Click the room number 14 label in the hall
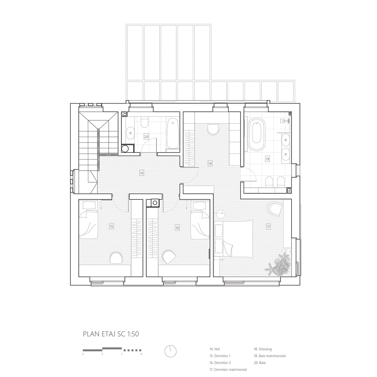point(142,172)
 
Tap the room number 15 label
point(111,226)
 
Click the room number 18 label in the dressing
point(210,163)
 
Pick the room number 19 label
point(267,159)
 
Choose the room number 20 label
point(146,137)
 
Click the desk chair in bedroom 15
point(116,258)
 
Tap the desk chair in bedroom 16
point(170,257)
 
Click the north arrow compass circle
point(170,351)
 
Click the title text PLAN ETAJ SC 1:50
point(111,334)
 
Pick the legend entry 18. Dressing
point(263,349)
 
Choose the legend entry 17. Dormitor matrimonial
point(228,370)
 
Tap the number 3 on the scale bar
point(83,354)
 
